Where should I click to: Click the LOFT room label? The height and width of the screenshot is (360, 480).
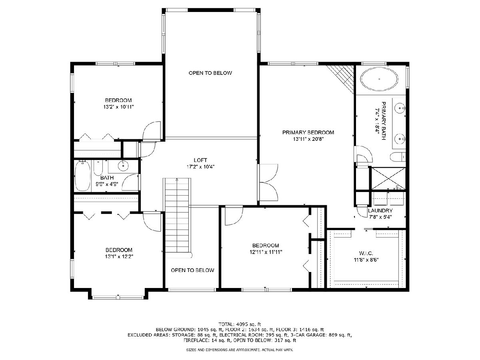click(x=200, y=160)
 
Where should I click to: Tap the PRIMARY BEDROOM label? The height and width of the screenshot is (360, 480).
click(x=308, y=132)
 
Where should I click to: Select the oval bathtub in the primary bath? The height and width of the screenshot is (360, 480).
click(x=379, y=79)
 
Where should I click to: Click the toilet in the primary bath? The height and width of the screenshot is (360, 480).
click(x=398, y=157)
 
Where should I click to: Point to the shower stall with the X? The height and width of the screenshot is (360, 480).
click(x=388, y=178)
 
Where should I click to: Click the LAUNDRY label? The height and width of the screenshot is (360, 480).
click(x=380, y=210)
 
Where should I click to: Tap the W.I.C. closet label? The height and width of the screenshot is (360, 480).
click(x=366, y=253)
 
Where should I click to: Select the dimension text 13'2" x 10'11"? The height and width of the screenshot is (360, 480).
click(x=118, y=107)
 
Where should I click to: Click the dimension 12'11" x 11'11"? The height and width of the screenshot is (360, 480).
click(x=266, y=252)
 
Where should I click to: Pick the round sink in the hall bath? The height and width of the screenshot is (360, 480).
click(x=123, y=166)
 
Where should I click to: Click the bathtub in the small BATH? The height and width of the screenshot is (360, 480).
click(x=82, y=176)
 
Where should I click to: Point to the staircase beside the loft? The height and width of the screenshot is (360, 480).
click(x=177, y=215)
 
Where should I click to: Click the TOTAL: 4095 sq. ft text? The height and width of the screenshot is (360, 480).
click(x=240, y=324)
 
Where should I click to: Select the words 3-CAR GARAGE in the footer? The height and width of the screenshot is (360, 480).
click(x=318, y=335)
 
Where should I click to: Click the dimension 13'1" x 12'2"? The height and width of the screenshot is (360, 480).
click(x=119, y=256)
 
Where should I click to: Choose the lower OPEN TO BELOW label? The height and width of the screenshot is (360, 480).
click(x=192, y=270)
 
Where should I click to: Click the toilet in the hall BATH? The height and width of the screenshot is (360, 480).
click(x=98, y=168)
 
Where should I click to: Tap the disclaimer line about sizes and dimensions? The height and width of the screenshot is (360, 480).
click(x=240, y=350)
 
